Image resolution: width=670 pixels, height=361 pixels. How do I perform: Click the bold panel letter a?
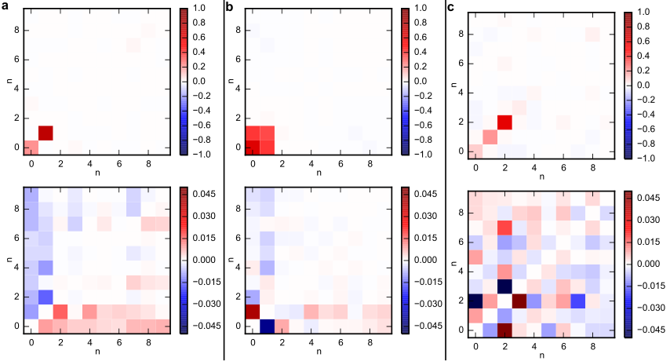tap(5, 6)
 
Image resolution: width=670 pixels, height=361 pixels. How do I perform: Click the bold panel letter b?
tap(229, 6)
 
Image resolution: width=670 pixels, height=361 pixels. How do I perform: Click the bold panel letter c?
tap(451, 7)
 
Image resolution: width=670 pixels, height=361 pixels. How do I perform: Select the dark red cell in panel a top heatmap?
tap(46, 133)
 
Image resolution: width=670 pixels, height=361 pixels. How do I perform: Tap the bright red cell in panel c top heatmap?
tap(505, 122)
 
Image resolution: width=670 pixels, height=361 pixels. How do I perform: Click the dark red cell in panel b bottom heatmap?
tap(253, 312)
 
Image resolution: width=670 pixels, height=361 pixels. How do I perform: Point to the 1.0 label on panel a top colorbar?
tap(199, 8)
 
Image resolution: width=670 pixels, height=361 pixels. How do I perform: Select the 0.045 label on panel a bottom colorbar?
tap(204, 194)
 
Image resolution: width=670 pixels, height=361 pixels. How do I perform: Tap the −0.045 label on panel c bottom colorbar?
tap(645, 330)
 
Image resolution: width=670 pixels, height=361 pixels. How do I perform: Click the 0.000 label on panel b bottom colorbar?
tap(425, 260)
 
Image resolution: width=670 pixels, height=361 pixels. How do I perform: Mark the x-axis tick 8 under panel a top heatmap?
tap(149, 164)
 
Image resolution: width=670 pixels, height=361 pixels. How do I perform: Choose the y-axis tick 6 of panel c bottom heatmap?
tap(461, 242)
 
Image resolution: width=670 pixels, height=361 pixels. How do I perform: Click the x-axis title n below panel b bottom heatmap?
tap(319, 352)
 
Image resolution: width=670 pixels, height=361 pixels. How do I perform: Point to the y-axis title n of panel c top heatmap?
tap(454, 86)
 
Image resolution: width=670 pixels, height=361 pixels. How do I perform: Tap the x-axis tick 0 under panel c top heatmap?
tap(475, 168)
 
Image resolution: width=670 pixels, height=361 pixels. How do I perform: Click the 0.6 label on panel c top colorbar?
tap(643, 41)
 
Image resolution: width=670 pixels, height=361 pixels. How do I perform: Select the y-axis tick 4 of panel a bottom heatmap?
tap(16, 268)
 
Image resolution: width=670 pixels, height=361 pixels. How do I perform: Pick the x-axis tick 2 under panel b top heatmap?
tap(282, 164)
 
